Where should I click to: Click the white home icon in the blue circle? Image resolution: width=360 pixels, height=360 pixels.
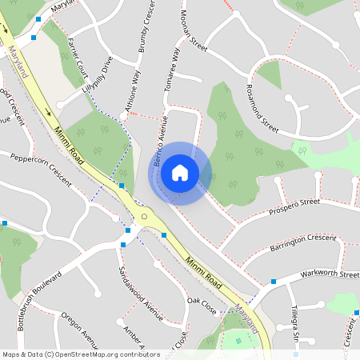pyautogui.click(x=180, y=173)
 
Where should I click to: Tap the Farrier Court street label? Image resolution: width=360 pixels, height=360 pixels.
pyautogui.click(x=78, y=54)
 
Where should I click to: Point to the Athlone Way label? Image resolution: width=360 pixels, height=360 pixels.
pyautogui.click(x=130, y=90)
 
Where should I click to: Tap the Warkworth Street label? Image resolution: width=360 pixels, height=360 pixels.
pyautogui.click(x=330, y=274)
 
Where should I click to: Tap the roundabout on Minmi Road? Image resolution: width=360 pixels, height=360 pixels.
pyautogui.click(x=144, y=216)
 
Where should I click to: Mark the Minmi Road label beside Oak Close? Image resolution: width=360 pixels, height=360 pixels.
pyautogui.click(x=204, y=273)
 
